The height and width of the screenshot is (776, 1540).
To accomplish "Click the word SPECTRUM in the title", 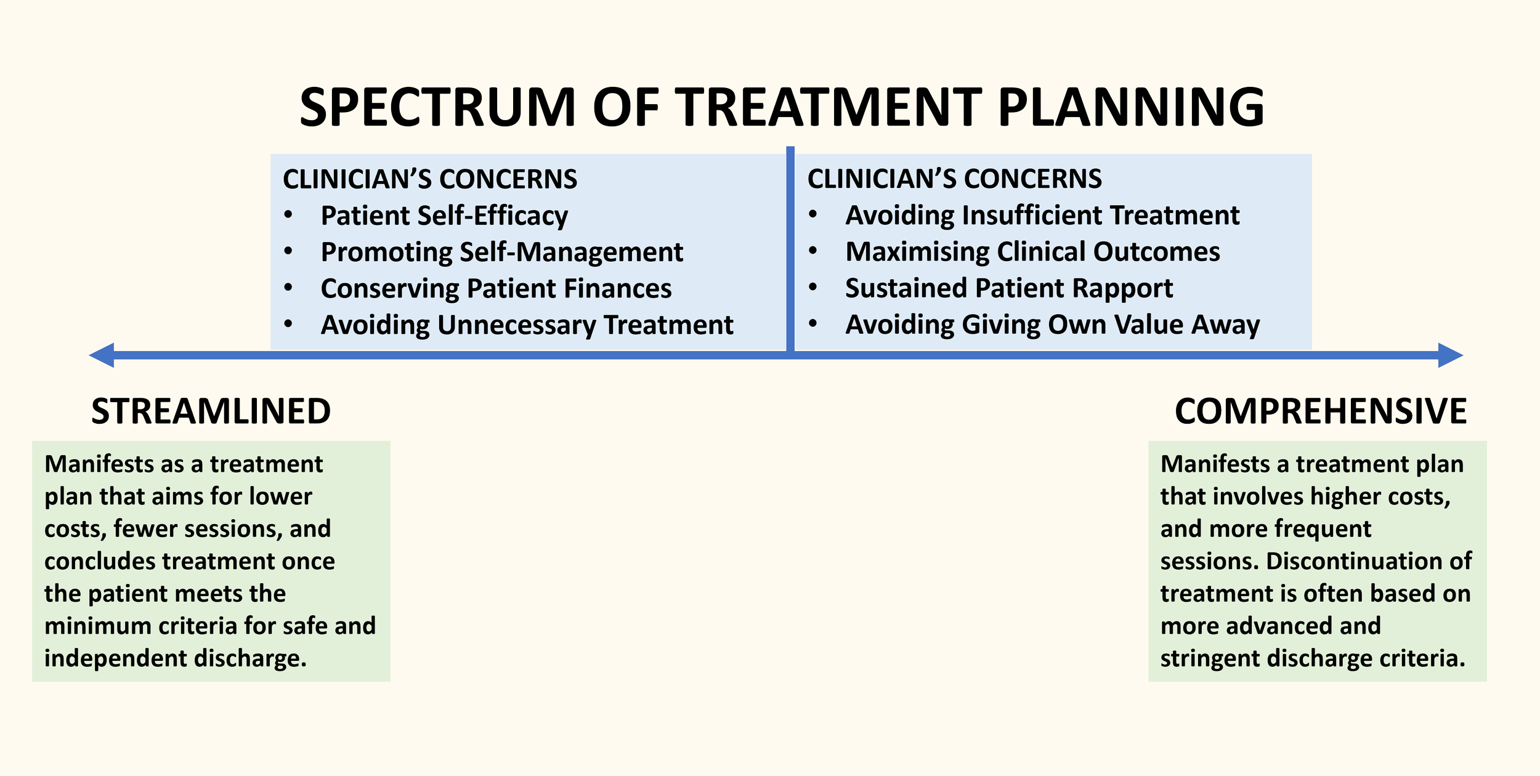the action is click(437, 107).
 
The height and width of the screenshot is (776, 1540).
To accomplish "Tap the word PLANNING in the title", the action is click(1131, 107).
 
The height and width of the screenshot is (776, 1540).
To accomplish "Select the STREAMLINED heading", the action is click(211, 411).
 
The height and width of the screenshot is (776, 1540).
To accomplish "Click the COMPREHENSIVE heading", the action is click(1321, 411).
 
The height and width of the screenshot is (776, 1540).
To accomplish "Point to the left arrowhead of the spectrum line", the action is click(102, 355).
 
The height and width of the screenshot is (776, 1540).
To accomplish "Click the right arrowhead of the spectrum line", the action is click(1450, 355).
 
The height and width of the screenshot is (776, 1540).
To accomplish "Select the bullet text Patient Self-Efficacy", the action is click(444, 216).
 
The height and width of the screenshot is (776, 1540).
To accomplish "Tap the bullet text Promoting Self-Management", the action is click(502, 252).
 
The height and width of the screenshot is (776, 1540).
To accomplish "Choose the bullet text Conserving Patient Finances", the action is click(496, 288).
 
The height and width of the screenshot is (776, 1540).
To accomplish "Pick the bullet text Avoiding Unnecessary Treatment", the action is click(527, 325).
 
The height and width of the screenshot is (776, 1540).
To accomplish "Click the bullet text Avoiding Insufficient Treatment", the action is click(1042, 215).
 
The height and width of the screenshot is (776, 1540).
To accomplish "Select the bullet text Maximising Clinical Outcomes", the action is click(1032, 251).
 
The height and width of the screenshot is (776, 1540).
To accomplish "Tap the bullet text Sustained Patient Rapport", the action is click(1009, 288).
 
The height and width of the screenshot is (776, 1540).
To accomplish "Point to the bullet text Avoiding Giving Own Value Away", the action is click(1053, 324).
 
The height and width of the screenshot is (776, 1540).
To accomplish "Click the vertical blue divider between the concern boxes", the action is click(790, 246).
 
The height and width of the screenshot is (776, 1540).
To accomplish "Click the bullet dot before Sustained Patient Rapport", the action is click(813, 288).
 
